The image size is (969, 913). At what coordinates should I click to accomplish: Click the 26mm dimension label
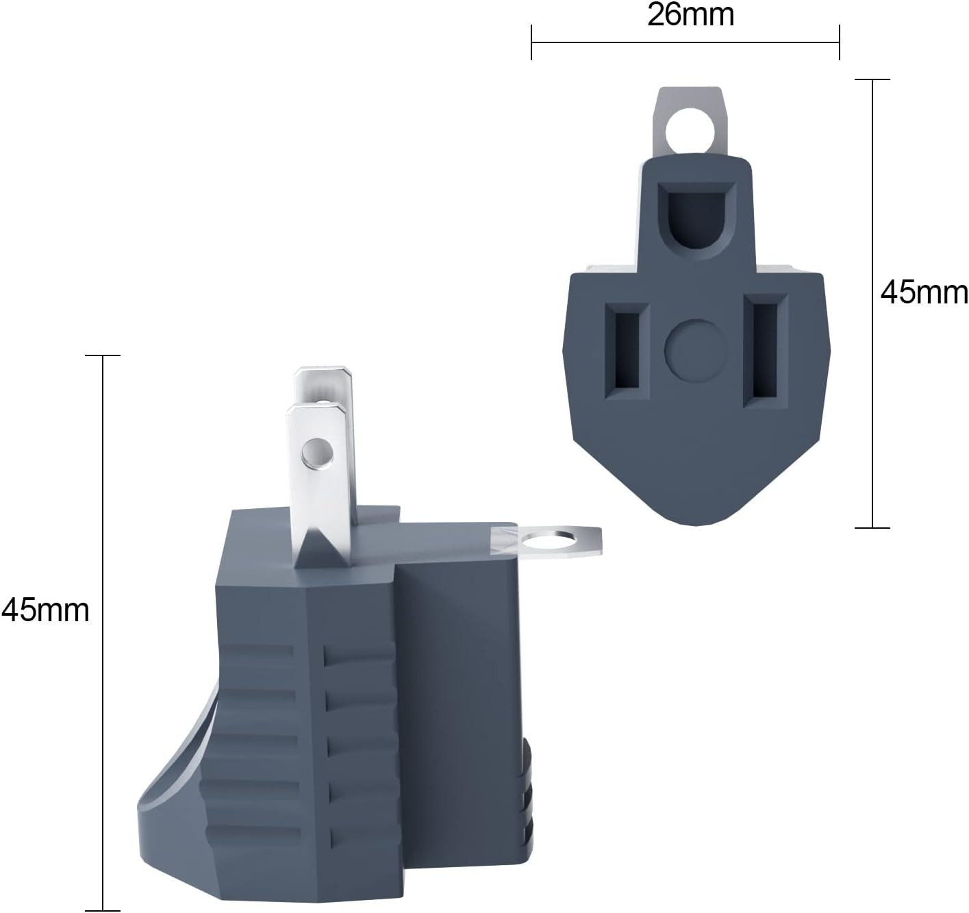coord(690,15)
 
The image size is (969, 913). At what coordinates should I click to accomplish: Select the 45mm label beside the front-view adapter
coord(924,293)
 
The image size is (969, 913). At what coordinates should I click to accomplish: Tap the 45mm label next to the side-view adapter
coord(45,610)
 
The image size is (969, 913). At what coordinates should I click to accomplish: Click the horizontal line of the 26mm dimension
coord(685,42)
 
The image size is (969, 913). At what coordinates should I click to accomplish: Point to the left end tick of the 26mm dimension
coord(531,42)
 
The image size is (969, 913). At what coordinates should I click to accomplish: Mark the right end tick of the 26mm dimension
coord(839,42)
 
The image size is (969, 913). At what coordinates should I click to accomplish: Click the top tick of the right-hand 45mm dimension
coord(872,79)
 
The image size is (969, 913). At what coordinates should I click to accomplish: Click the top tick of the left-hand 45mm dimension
coord(103,355)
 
